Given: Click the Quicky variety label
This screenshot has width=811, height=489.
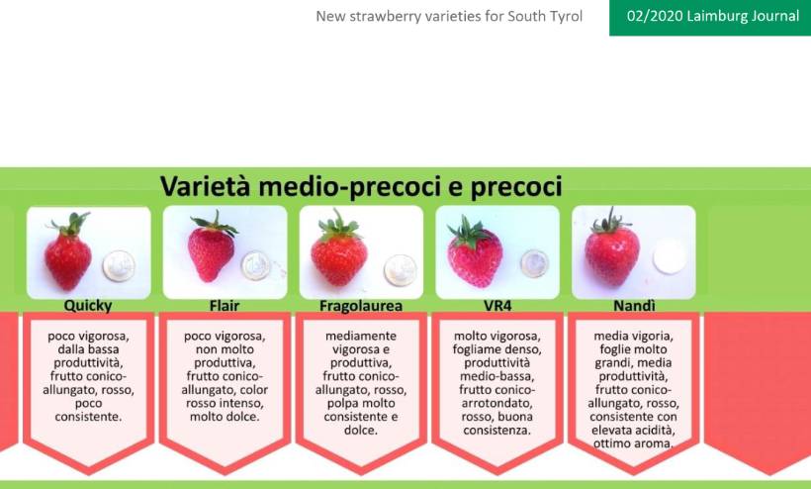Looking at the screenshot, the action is click(x=88, y=306).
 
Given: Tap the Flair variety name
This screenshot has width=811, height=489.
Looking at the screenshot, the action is click(x=225, y=306).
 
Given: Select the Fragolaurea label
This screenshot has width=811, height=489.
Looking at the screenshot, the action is click(x=361, y=306).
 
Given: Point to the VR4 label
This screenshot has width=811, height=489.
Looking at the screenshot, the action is click(x=497, y=306).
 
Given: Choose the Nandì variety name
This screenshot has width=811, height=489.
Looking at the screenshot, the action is click(x=634, y=306).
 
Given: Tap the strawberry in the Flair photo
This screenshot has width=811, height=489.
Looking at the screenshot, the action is click(x=212, y=247).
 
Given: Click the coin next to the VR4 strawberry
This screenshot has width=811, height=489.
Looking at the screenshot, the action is click(x=534, y=264).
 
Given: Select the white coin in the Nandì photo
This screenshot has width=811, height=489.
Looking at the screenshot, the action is click(x=669, y=256).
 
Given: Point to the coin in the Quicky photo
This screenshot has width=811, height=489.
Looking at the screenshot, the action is click(x=119, y=266).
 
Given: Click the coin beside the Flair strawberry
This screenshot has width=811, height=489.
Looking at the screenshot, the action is click(x=256, y=265).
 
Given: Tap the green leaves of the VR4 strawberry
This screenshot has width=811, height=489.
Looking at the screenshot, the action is click(x=469, y=233).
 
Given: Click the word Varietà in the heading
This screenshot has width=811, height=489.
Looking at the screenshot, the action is click(x=206, y=186).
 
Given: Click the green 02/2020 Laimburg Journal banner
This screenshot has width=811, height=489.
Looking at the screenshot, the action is click(x=710, y=18).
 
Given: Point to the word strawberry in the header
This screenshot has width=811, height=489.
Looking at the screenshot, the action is click(x=385, y=17).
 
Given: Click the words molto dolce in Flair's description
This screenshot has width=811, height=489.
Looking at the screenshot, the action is click(x=225, y=417).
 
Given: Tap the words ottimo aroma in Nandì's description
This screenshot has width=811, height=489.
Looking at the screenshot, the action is click(x=633, y=443).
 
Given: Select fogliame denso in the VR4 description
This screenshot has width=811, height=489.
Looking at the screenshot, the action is click(x=497, y=349).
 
